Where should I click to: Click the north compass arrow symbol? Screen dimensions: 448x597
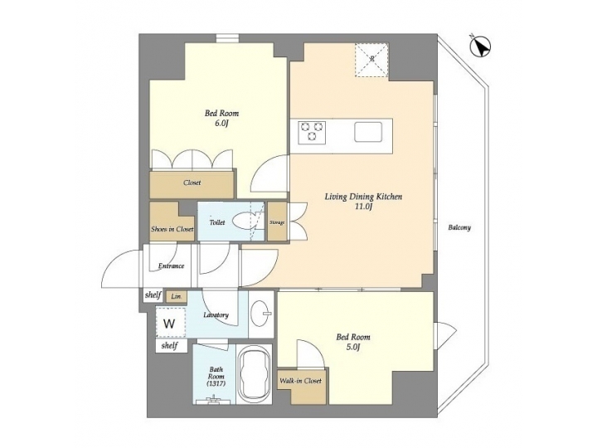point(478,46)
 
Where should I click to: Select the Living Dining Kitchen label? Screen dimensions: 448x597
point(363,197)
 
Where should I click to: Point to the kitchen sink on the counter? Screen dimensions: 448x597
point(367,132)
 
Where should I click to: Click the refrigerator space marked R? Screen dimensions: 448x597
point(371,58)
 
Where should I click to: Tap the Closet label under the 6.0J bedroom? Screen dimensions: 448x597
point(192,183)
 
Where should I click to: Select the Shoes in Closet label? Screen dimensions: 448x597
point(172,228)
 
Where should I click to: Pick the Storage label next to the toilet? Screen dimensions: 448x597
point(277,222)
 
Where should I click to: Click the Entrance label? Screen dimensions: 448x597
point(172,266)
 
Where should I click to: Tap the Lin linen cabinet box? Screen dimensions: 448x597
point(175,296)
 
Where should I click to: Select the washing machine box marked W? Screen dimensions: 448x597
point(169,323)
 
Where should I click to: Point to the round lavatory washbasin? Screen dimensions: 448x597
point(261,313)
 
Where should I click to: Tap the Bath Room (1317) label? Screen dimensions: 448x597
point(216,377)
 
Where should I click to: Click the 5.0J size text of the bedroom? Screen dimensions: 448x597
point(353,348)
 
